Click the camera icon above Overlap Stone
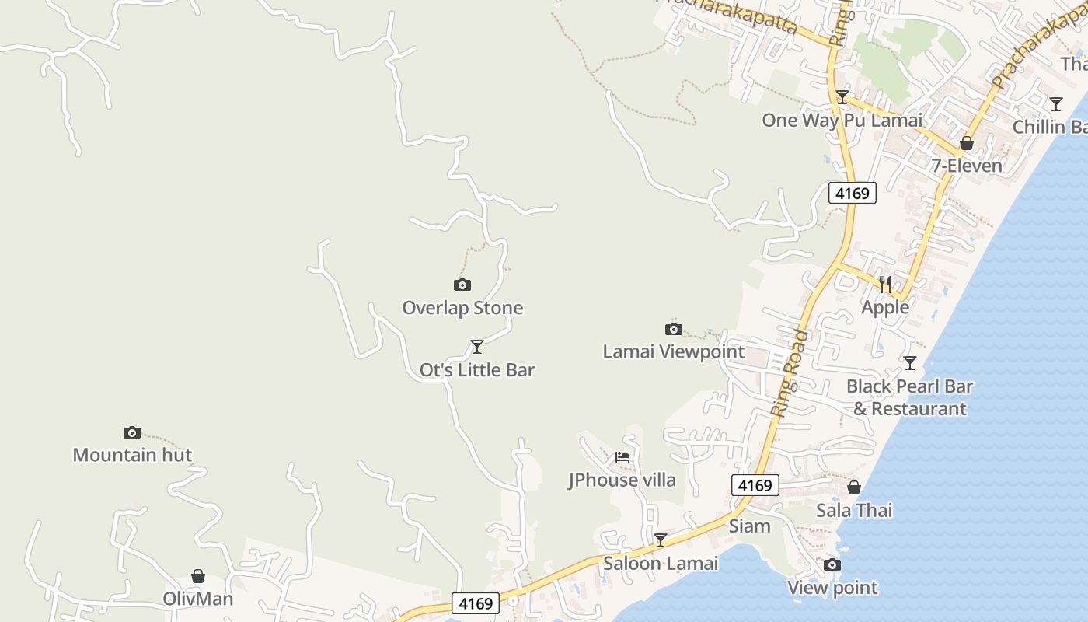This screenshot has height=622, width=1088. [x=462, y=285]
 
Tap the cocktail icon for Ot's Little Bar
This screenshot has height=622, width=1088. [x=477, y=346]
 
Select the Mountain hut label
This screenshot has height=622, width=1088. [x=132, y=455]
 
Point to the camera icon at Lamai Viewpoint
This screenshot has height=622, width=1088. [x=674, y=330]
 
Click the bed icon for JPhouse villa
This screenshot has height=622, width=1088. [x=622, y=457]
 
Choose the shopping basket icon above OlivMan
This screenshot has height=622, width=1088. [x=198, y=576]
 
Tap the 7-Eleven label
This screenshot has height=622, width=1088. [x=967, y=166]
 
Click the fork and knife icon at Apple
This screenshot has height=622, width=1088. [x=885, y=284]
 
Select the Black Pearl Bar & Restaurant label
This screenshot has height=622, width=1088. [x=909, y=397]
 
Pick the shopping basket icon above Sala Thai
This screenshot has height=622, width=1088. [x=854, y=487]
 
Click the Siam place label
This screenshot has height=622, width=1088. [x=750, y=526]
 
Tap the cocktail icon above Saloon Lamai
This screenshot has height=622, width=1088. [x=661, y=540]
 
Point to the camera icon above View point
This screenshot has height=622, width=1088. [x=832, y=564]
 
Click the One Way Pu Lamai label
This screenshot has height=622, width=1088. [x=842, y=120]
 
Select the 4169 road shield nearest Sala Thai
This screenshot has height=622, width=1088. [x=755, y=486]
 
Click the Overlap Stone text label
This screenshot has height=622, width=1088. [x=462, y=308]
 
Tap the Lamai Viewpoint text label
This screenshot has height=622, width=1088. [x=674, y=351]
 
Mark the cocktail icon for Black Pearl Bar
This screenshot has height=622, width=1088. [x=909, y=363]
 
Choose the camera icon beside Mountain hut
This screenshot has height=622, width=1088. [x=132, y=432]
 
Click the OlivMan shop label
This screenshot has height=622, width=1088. [x=198, y=599]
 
